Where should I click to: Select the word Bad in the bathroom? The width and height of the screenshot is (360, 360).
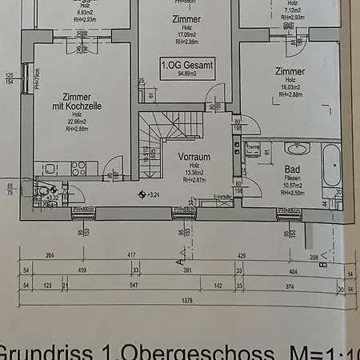click(291, 170)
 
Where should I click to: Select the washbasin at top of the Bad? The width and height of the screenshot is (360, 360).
click(298, 148)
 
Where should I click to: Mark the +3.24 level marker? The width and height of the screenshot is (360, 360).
click(149, 194)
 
